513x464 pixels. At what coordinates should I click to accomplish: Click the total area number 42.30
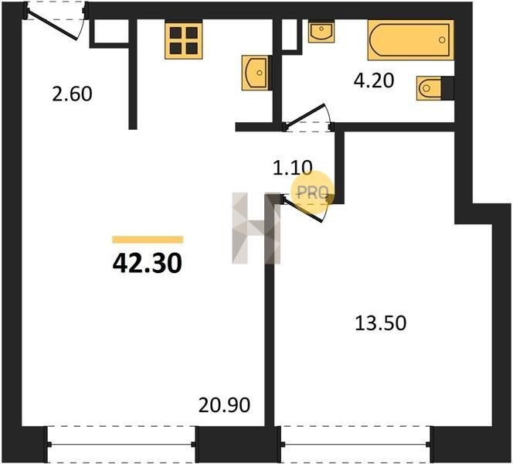pyautogui.click(x=148, y=264)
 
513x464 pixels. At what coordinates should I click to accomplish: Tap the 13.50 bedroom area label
pyautogui.click(x=380, y=323)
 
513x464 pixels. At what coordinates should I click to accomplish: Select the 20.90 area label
pyautogui.click(x=224, y=404)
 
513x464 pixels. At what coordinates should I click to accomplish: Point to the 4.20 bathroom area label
pyautogui.click(x=374, y=80)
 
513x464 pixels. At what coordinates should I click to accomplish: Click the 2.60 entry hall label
pyautogui.click(x=73, y=94)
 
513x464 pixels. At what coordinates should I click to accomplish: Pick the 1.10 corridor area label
pyautogui.click(x=293, y=168)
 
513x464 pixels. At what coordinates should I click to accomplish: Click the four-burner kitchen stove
pyautogui.click(x=184, y=39)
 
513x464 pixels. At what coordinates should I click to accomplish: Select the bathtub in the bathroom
pyautogui.click(x=410, y=40)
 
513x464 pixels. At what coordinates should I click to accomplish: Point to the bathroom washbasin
pyautogui.click(x=321, y=32)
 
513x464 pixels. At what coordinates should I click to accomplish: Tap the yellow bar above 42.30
pyautogui.click(x=148, y=240)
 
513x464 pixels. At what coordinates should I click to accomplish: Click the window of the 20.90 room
pyautogui.click(x=122, y=445)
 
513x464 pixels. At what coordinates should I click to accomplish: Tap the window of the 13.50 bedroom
pyautogui.click(x=356, y=445)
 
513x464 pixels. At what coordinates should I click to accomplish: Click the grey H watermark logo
pyautogui.click(x=256, y=228)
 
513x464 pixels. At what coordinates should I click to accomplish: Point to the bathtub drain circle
pyautogui.click(x=442, y=40)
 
